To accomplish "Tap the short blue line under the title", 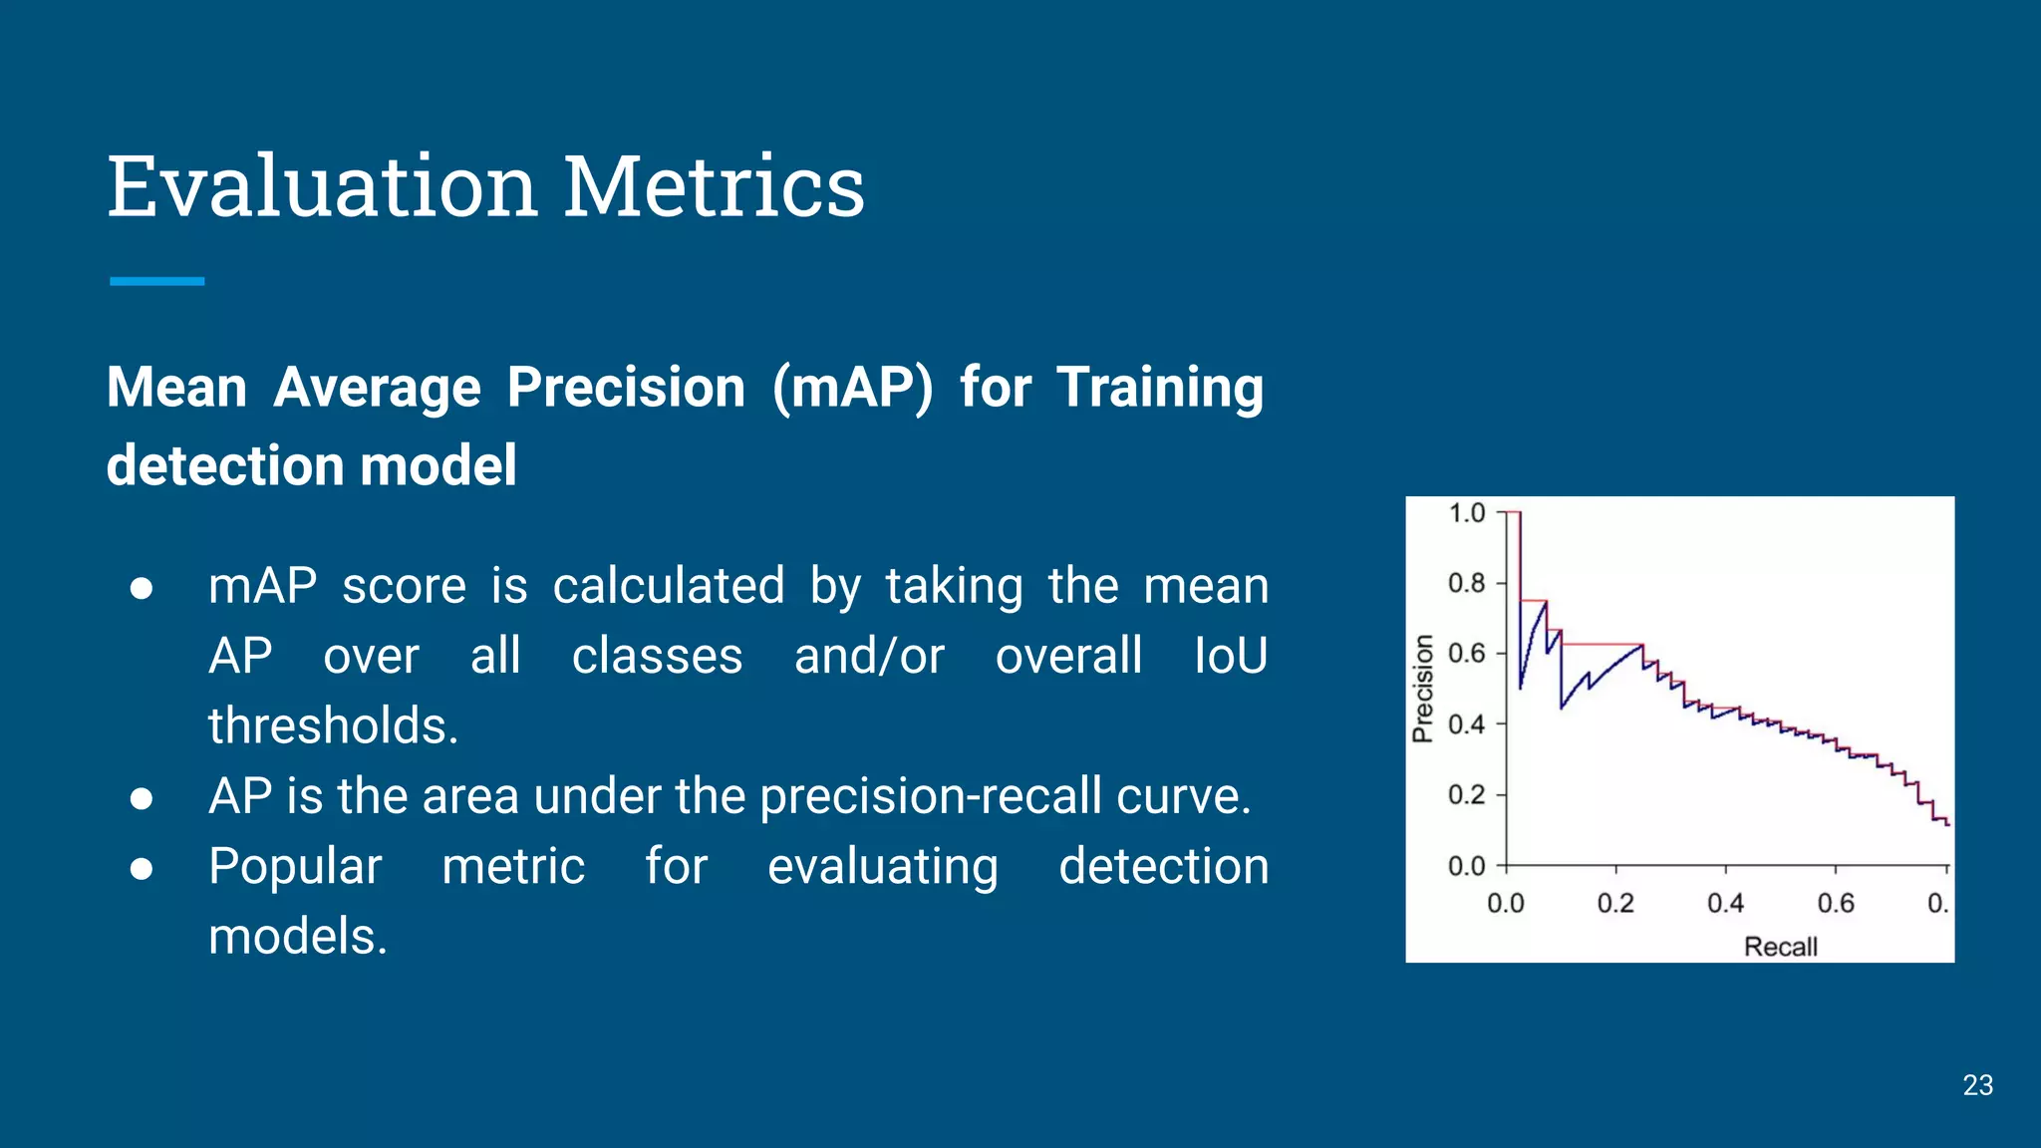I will click(x=156, y=282).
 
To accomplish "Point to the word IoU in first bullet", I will click(x=1230, y=656).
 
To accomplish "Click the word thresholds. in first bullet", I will click(x=333, y=725).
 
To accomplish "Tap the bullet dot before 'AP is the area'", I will click(x=142, y=798).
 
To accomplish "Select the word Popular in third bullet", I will click(x=295, y=866).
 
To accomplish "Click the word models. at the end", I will click(x=297, y=937).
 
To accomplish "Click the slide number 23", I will click(x=1977, y=1085).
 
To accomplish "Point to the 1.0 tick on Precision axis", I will click(x=1466, y=513).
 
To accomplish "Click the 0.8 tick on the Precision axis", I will click(x=1466, y=583).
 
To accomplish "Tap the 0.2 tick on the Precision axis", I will click(x=1466, y=795).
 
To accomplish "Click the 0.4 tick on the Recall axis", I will click(x=1725, y=903).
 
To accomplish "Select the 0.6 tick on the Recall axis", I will click(x=1835, y=903).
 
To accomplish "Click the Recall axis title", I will click(x=1780, y=946).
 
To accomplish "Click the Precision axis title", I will click(x=1423, y=689).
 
